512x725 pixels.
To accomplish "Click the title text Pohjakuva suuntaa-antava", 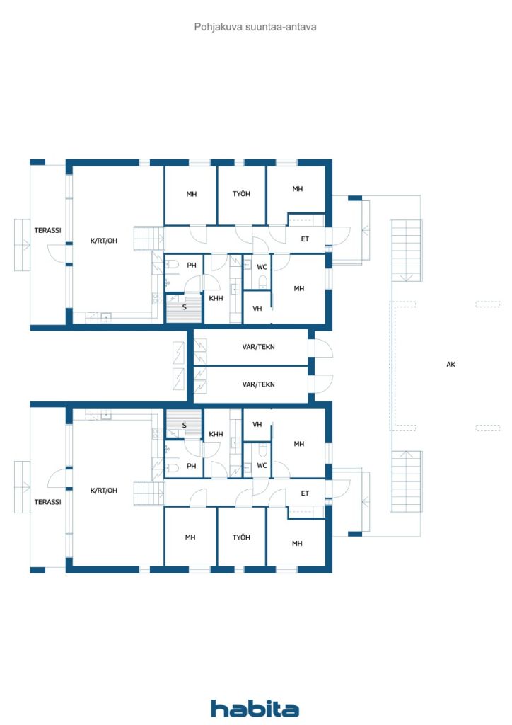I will click(x=255, y=27).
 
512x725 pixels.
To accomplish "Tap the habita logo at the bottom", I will click(x=255, y=708).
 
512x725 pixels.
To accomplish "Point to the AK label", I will click(x=450, y=365).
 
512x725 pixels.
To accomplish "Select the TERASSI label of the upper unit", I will click(x=47, y=230).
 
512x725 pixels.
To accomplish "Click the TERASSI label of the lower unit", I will click(x=47, y=501).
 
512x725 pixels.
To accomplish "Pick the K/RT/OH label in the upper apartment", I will click(x=103, y=241).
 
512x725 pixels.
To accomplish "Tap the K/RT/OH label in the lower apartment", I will click(x=103, y=490).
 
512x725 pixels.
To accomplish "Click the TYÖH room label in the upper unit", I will click(x=241, y=194).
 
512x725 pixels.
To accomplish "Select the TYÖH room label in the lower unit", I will click(x=241, y=537).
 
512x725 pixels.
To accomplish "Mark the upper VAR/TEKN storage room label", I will click(x=258, y=347).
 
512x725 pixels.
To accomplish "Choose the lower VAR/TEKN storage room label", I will click(x=258, y=384).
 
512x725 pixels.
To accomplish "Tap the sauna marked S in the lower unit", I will click(x=184, y=425).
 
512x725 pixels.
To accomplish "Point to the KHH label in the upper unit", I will click(x=216, y=298).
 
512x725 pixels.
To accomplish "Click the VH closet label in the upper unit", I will click(x=257, y=308).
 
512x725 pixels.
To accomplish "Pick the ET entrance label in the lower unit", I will click(x=305, y=493).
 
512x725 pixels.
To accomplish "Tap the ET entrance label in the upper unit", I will click(x=305, y=239).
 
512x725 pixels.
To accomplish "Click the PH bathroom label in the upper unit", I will click(x=191, y=266).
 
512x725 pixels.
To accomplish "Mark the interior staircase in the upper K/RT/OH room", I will click(x=149, y=239).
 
